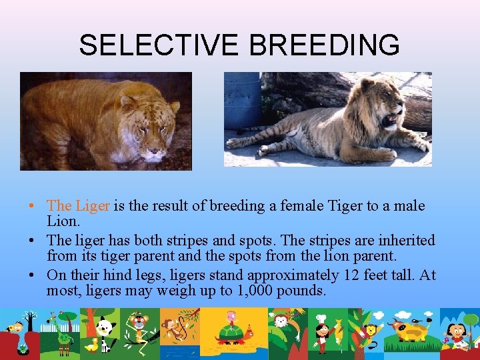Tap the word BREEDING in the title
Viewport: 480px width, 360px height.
[x=325, y=45]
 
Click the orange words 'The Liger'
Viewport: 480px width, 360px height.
[x=79, y=206]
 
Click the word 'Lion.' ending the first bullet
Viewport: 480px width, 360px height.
[x=63, y=221]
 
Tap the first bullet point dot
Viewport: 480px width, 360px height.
[x=41, y=206]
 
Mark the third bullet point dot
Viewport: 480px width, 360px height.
[x=41, y=274]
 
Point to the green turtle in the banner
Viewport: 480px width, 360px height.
[x=230, y=331]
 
